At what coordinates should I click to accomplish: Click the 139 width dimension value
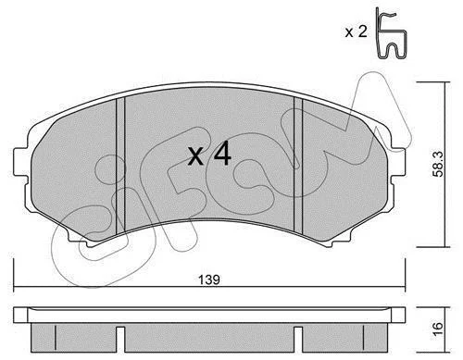coord(209,279)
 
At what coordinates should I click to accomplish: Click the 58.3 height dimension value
coord(438,164)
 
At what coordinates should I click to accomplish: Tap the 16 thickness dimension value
coord(438,329)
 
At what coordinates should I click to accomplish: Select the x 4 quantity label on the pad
coord(209,154)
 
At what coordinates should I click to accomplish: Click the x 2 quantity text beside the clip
coord(357,31)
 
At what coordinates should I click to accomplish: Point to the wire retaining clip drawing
coord(391,33)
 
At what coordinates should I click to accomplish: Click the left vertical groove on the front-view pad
coord(120,166)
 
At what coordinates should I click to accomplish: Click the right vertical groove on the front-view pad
coord(298,165)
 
